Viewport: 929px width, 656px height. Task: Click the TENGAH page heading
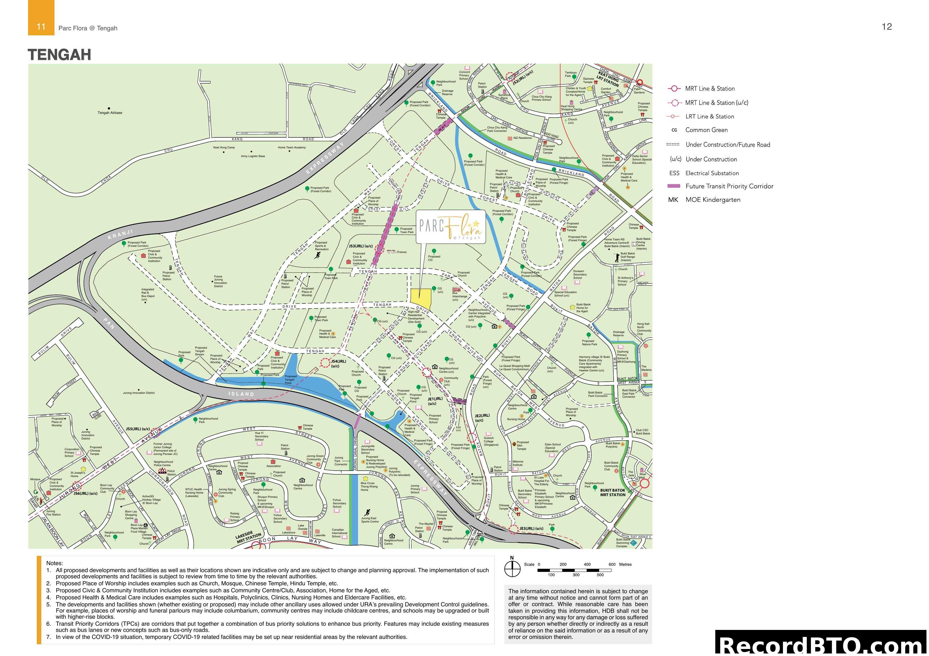60,55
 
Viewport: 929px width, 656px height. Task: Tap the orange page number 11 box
41,27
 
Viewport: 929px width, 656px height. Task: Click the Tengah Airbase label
110,113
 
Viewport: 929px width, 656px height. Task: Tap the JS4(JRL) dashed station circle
325,363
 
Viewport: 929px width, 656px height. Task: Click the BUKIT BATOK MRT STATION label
612,492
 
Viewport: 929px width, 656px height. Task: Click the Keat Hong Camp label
224,148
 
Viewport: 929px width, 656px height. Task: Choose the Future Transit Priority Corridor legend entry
729,186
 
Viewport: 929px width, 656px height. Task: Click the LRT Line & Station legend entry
709,116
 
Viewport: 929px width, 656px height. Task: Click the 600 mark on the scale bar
612,565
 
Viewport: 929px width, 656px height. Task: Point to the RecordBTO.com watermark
821,645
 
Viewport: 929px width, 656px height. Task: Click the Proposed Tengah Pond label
290,379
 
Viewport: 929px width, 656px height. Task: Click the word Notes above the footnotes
55,563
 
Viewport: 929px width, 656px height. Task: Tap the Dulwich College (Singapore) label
489,441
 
